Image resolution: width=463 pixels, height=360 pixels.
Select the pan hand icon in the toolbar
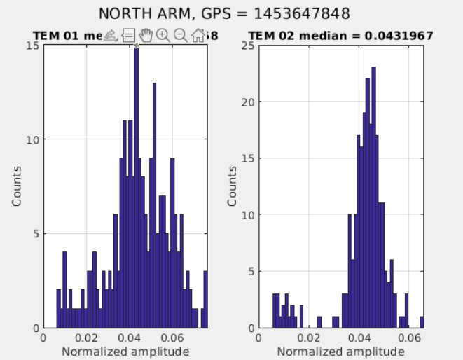coord(146,35)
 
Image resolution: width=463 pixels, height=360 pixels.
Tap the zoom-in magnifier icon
coord(163,35)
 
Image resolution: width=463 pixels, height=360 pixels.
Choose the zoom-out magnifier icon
coord(181,35)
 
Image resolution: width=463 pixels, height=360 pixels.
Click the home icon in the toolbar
coord(198,35)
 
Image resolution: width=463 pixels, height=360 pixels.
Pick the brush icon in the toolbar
coord(111,35)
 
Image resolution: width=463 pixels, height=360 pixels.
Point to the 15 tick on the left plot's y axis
coord(33,46)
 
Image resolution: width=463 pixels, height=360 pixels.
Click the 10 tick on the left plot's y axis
coord(33,139)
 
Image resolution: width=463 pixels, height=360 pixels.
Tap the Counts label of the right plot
coord(232,186)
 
